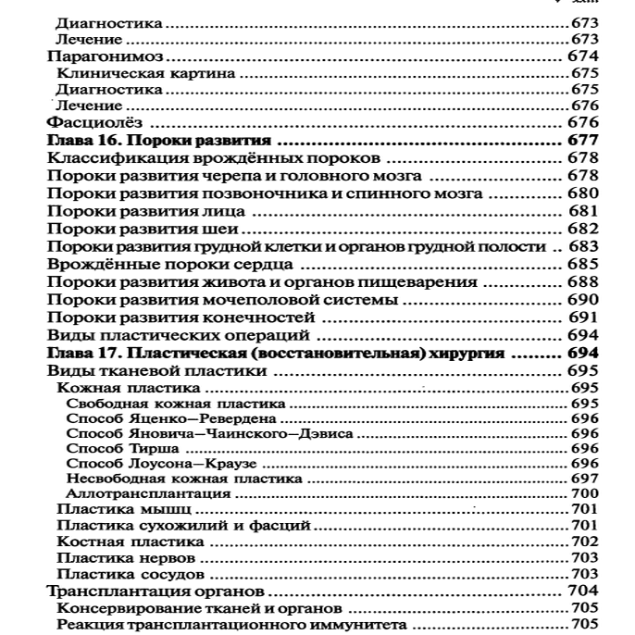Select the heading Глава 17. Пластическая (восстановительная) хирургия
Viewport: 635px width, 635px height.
click(x=275, y=354)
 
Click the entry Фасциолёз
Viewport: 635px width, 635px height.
click(x=92, y=123)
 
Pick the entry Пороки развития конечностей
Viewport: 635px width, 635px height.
click(x=168, y=317)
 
